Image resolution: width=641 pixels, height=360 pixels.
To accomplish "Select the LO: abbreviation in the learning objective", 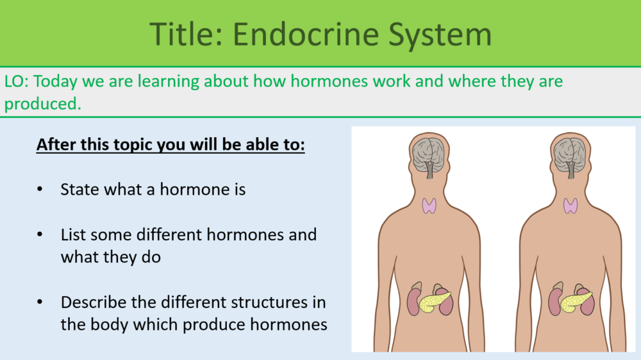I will coord(17,82).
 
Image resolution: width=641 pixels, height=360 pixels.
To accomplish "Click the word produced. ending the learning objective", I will coord(42,103).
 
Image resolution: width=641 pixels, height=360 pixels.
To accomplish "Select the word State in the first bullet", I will coord(79,190).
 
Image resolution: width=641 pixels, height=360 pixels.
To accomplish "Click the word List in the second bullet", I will coord(72,234).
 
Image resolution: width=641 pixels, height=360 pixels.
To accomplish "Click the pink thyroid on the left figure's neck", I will coord(429,206).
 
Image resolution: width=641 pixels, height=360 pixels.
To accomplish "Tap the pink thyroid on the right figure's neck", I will coord(570,206).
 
